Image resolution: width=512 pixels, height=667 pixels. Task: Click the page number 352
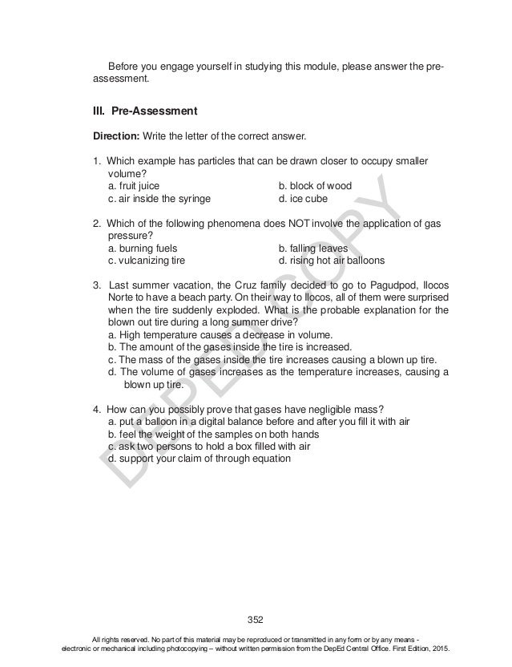(x=256, y=619)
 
